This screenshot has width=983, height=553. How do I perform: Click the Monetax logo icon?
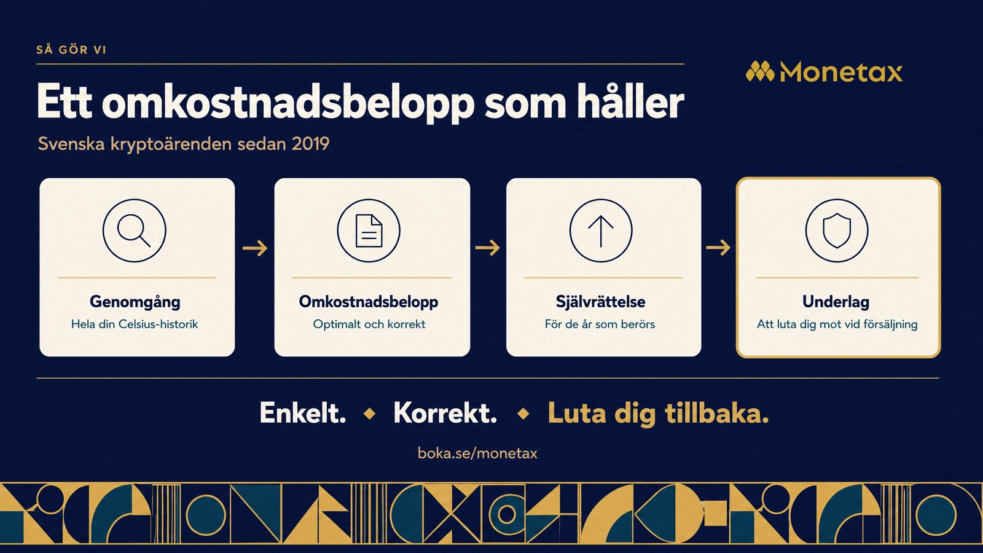(x=761, y=71)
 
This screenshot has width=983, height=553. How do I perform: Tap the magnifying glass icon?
(x=135, y=231)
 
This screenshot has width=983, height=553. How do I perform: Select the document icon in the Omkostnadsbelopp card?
(x=369, y=231)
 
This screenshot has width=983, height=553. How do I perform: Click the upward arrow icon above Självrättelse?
(x=601, y=231)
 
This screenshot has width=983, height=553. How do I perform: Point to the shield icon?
(x=837, y=231)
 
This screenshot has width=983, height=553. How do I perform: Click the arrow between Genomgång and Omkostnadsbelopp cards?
(x=255, y=248)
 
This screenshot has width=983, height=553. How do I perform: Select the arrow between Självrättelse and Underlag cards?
(x=718, y=248)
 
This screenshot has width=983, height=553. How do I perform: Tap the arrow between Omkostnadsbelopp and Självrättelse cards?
(x=488, y=248)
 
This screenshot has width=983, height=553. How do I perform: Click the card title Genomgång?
(x=135, y=302)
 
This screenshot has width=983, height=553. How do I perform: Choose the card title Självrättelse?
(x=600, y=302)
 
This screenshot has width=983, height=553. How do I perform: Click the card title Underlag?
(x=836, y=302)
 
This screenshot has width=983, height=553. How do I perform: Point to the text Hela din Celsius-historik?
(x=135, y=324)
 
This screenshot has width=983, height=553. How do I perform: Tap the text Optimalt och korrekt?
(x=369, y=324)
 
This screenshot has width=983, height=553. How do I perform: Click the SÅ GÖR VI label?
(x=71, y=50)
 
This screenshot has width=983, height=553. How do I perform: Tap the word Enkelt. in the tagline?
(x=303, y=413)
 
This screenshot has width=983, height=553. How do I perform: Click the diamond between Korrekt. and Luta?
(x=523, y=414)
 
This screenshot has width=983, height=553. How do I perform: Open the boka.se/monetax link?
(x=477, y=453)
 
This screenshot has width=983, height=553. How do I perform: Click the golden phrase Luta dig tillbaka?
(x=658, y=414)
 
